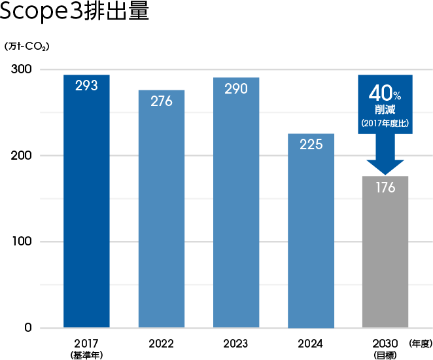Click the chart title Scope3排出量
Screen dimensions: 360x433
[75, 13]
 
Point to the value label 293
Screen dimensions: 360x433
[86, 85]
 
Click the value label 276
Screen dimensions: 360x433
[161, 101]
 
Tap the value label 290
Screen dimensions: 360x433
[236, 88]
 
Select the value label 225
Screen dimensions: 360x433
[311, 144]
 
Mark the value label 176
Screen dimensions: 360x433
[385, 188]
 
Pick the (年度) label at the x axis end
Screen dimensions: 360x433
[419, 343]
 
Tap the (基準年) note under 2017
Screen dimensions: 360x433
[86, 355]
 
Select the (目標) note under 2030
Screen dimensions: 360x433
[385, 355]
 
